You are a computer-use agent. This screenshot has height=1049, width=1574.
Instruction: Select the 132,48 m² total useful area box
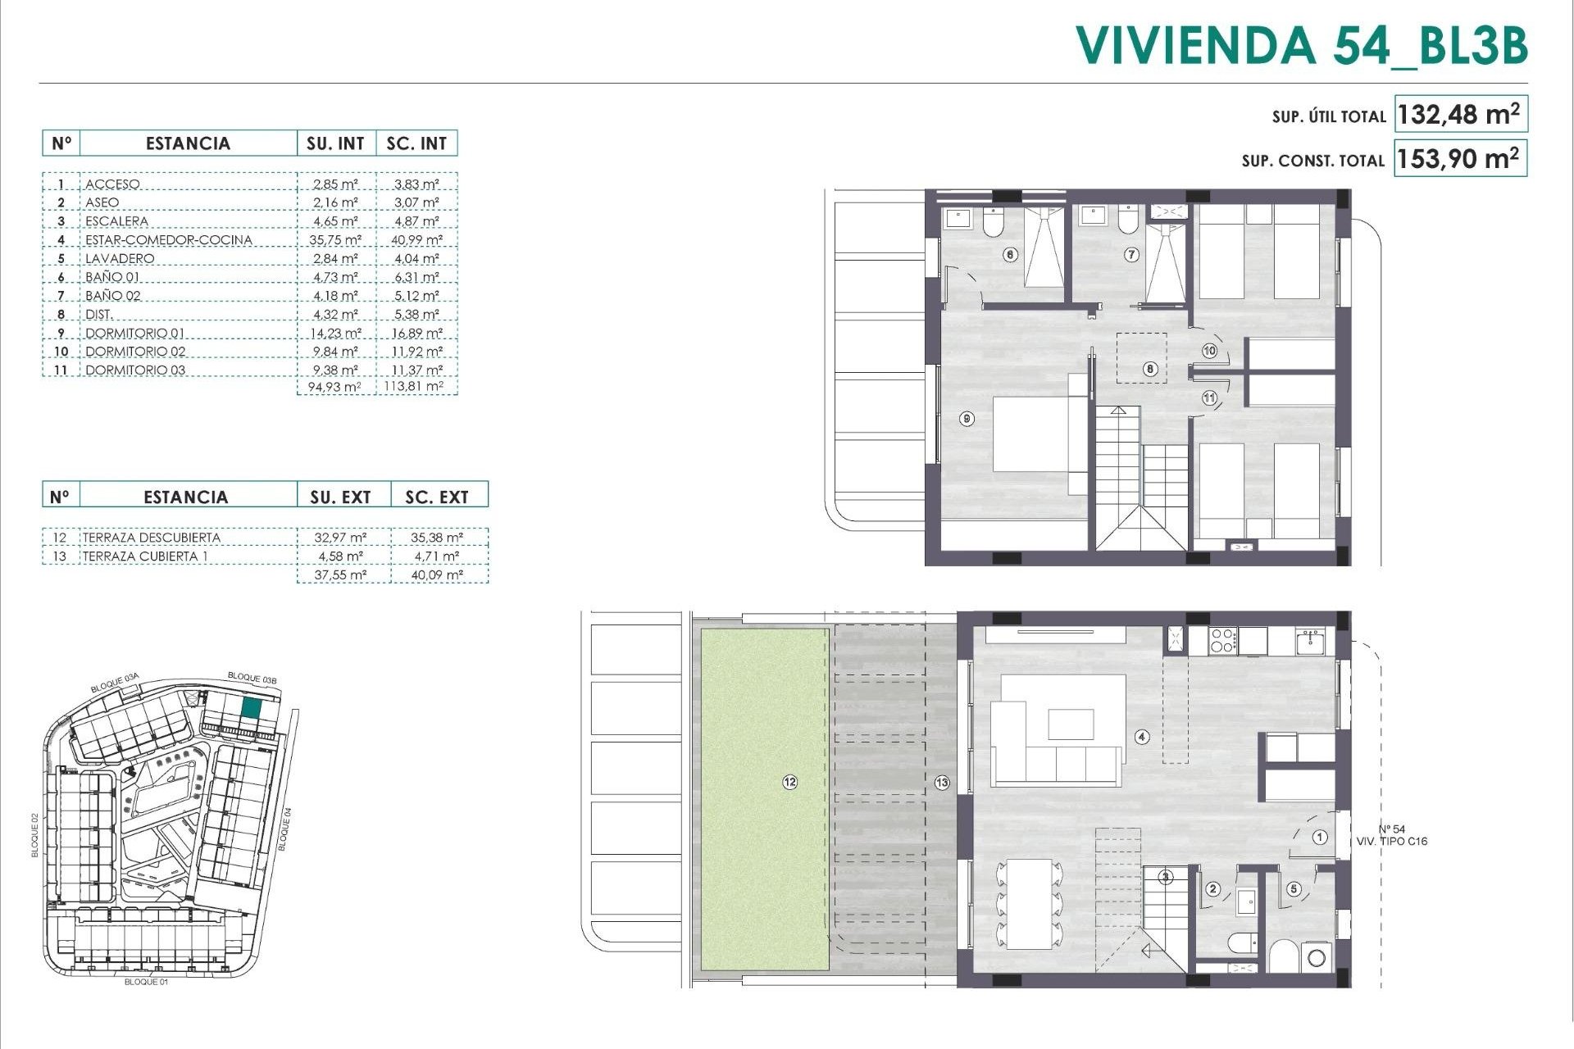[x=1459, y=115]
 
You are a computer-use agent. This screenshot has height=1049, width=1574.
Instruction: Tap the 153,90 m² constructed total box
[x=1459, y=158]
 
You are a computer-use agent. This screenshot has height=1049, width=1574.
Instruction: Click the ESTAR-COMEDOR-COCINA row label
[x=169, y=240]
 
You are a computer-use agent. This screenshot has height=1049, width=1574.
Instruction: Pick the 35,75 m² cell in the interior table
[x=336, y=240]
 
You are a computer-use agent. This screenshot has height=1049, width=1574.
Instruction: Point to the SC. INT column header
[x=416, y=143]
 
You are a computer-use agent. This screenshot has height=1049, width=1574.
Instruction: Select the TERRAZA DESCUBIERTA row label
[x=152, y=538]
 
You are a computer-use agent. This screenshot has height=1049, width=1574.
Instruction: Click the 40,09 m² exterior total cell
[x=437, y=575]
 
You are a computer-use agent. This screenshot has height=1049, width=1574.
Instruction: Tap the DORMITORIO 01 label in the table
[x=135, y=334]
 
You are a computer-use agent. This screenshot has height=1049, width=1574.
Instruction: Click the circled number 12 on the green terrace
[x=789, y=783]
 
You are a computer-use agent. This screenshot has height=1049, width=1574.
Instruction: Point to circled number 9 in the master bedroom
[x=967, y=419]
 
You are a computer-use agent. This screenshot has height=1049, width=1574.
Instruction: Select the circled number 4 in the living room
[x=1142, y=737]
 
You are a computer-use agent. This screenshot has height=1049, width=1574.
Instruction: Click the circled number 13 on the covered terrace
[x=941, y=783]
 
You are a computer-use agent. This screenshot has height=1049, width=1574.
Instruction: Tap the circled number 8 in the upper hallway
[x=1150, y=370]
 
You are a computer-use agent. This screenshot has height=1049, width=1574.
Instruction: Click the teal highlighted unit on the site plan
[x=252, y=709]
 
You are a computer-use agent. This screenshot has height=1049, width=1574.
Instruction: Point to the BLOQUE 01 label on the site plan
[x=146, y=981]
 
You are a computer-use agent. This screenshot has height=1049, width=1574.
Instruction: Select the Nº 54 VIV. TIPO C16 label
[x=1392, y=835]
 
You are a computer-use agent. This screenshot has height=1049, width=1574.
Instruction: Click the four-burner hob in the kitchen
[x=1222, y=640]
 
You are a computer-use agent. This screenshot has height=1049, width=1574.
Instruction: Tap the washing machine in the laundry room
[x=1317, y=957]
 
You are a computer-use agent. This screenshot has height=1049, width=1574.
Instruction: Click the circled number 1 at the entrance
[x=1320, y=838]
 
